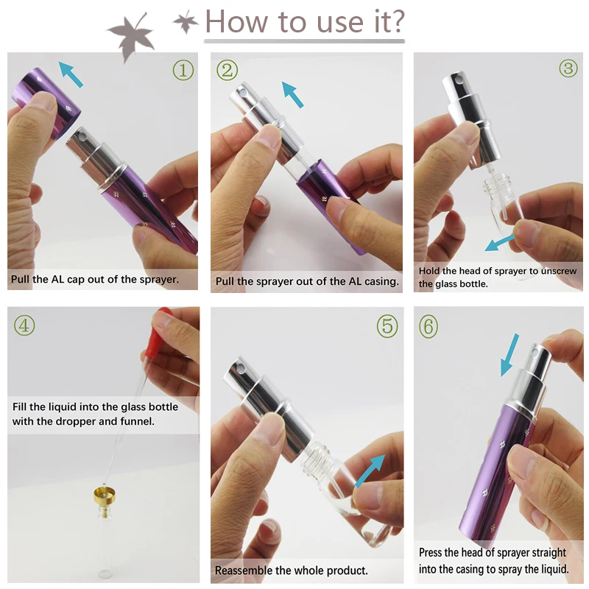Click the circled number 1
click(183, 70)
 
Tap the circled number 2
click(228, 70)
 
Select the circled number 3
click(568, 68)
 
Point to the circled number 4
click(24, 325)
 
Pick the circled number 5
click(387, 326)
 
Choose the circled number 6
click(428, 326)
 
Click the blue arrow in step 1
click(71, 75)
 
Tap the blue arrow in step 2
click(292, 95)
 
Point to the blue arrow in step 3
click(500, 243)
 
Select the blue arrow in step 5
click(370, 471)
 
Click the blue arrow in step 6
click(509, 355)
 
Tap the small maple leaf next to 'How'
click(186, 22)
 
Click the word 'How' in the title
click(236, 22)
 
